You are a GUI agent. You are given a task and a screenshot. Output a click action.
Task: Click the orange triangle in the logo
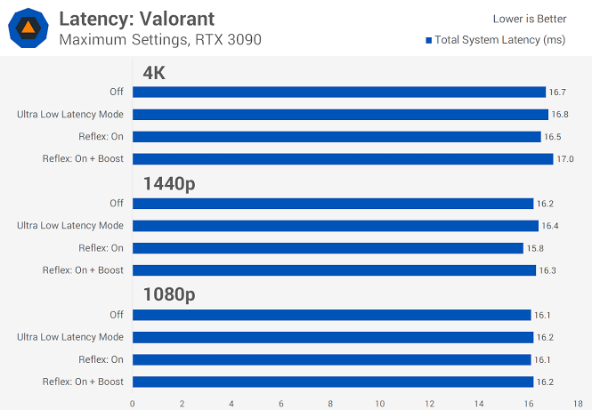coord(28,28)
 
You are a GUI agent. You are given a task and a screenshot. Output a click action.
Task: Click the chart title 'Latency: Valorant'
coord(137,19)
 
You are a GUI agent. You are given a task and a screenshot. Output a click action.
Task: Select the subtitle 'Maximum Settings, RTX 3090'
coord(160,40)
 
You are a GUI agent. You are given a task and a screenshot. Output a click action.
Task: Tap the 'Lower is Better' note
coord(530,19)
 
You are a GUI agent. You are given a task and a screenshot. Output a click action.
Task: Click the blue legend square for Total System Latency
coord(428,40)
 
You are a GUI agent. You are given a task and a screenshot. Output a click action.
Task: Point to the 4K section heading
coord(154,72)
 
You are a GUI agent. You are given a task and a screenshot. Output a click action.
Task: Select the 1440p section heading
coord(169,184)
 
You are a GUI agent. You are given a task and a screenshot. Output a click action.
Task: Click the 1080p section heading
coord(169,294)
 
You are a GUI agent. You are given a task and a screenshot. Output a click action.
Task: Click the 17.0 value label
coord(565,159)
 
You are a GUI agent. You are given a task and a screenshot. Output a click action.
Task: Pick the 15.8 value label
coord(535,248)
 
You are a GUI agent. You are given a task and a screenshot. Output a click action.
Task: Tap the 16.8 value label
coord(560,115)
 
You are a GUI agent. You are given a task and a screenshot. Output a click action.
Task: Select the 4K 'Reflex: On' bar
coord(337,137)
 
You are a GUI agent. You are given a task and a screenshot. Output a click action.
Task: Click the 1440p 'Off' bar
coord(333,204)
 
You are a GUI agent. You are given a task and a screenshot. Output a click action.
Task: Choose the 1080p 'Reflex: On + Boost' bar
coord(333,382)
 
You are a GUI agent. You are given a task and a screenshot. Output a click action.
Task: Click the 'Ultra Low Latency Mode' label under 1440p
coord(70,226)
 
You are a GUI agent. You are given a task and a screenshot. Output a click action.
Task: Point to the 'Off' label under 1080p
coord(117,315)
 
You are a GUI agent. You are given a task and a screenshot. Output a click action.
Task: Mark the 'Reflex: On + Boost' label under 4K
coord(83,158)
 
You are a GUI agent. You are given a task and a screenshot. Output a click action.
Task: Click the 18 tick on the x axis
coord(578,404)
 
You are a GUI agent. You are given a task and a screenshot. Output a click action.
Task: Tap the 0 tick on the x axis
coord(132,404)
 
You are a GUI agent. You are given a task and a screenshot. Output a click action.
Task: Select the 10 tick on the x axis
coord(380,404)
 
